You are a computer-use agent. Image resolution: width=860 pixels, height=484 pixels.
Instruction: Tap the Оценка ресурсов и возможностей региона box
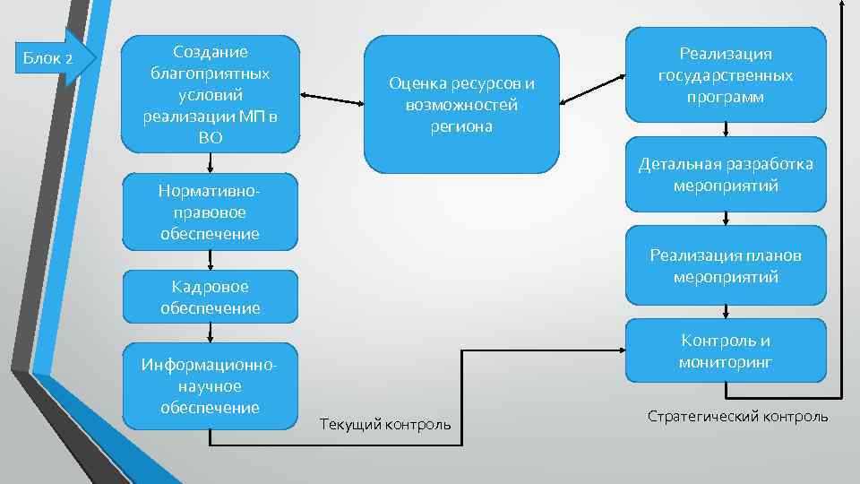click(x=460, y=104)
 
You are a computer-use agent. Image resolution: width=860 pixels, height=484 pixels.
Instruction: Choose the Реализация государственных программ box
click(x=725, y=75)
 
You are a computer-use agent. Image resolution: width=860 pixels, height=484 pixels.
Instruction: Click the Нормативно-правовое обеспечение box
click(x=211, y=212)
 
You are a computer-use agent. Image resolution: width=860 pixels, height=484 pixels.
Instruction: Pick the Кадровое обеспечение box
click(x=211, y=297)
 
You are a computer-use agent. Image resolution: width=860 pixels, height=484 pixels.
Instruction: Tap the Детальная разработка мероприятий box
click(x=725, y=175)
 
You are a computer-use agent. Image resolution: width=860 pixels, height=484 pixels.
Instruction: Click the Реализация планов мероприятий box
click(x=725, y=266)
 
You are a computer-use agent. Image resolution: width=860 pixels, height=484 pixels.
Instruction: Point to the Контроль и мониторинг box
click(x=725, y=352)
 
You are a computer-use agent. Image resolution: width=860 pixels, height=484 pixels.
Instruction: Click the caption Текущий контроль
click(x=385, y=423)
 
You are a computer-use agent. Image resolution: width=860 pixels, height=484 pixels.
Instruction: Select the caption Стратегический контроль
click(x=737, y=417)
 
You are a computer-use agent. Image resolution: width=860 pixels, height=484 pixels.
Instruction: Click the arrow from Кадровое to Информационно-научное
click(x=211, y=332)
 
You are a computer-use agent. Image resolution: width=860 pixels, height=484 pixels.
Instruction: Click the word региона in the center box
click(x=460, y=126)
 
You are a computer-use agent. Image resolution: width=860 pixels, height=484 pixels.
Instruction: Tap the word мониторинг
click(x=725, y=363)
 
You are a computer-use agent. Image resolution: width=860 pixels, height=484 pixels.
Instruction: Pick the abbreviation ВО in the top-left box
click(x=211, y=138)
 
